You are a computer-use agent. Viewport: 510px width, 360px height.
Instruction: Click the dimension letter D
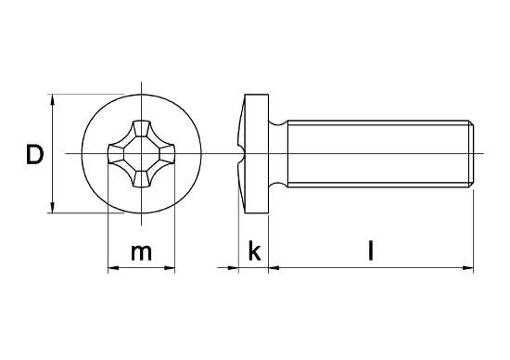(34, 155)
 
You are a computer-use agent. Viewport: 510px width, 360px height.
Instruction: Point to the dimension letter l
(371, 251)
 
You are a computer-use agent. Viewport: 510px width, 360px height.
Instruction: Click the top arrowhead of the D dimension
(53, 98)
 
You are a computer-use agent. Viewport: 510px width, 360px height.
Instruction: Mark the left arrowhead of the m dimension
(113, 269)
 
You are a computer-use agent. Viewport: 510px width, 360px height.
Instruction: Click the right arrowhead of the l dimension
(470, 269)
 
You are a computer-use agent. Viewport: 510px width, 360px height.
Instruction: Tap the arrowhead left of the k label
(235, 269)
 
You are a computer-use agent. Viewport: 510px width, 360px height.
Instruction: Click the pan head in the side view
(256, 153)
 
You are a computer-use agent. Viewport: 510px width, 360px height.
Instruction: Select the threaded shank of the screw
(376, 153)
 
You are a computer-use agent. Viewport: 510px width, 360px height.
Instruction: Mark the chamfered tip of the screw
(474, 153)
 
